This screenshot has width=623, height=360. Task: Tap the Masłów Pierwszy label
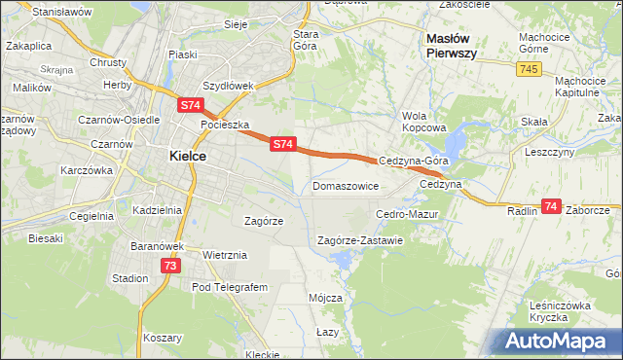(x=451, y=46)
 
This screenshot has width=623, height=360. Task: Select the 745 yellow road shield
(x=529, y=68)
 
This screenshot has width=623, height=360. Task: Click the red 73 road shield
(x=171, y=265)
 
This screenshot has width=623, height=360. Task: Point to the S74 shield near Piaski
(x=190, y=102)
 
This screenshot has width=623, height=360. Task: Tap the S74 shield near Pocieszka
(x=282, y=144)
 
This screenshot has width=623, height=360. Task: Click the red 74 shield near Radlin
(x=551, y=206)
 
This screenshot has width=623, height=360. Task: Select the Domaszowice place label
(x=346, y=185)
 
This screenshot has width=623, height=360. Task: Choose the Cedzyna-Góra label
(x=413, y=161)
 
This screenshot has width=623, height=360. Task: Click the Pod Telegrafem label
(x=229, y=288)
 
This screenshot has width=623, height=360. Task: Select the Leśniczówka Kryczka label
(x=561, y=311)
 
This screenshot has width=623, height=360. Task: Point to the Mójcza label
(x=324, y=298)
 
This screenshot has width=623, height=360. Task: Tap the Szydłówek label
(x=226, y=85)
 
